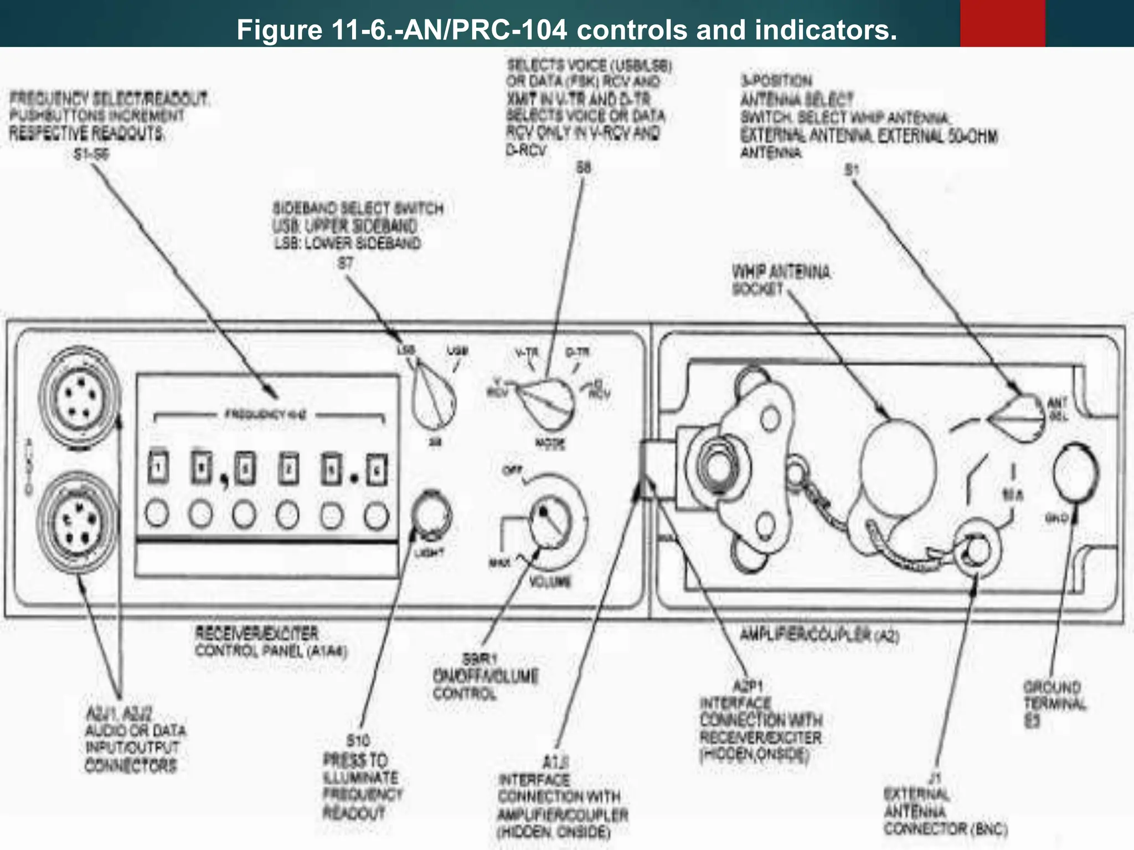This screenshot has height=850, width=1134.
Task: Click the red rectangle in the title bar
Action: coord(1002,23)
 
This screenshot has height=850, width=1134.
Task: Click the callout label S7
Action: coord(346,263)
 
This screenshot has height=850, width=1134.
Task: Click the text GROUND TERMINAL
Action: coord(1054,696)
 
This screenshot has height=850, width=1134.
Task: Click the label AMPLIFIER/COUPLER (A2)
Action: coord(819,635)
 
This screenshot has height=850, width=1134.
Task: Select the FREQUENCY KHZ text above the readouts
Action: coord(265,414)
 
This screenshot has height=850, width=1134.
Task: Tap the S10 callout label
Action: coord(358,740)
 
